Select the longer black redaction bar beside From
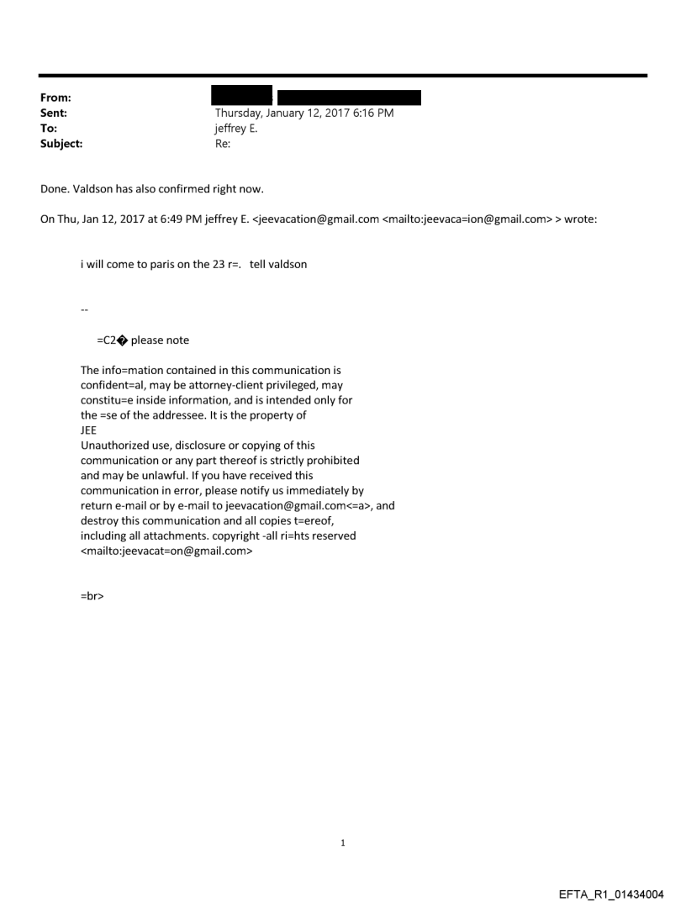(x=349, y=97)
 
